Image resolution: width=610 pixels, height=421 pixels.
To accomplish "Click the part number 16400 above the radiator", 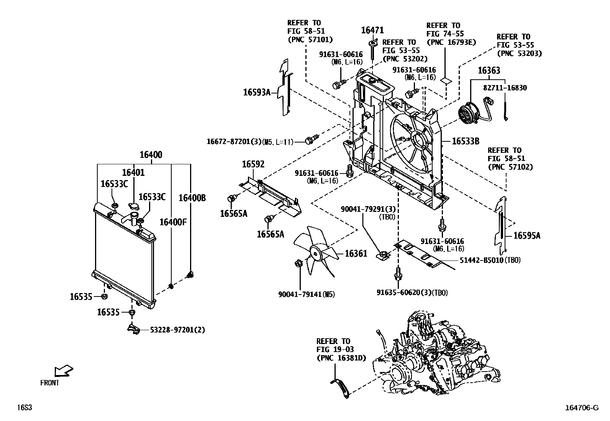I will [x=151, y=155].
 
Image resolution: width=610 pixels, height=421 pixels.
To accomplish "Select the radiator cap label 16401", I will [x=133, y=173].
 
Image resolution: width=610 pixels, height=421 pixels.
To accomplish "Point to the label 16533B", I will [x=466, y=141].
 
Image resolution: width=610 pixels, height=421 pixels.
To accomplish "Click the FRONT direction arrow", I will [x=63, y=371].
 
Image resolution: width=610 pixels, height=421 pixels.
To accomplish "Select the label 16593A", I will [x=257, y=92].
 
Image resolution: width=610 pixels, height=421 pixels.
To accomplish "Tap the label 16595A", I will [x=526, y=236].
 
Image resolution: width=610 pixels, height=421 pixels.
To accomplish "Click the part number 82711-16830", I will [x=505, y=88].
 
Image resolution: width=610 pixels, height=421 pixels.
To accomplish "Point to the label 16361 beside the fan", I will [x=356, y=253].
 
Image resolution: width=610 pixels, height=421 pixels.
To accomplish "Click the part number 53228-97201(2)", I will [x=177, y=330].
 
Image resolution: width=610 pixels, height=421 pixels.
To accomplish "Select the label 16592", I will [x=253, y=164].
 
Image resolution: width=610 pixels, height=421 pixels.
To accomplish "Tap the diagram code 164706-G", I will [x=581, y=408].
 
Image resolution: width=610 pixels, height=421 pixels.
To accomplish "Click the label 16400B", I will [x=192, y=198].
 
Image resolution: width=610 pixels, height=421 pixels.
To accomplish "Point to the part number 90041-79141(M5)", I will [x=306, y=294].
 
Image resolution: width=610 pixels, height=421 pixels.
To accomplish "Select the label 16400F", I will [x=173, y=222].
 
